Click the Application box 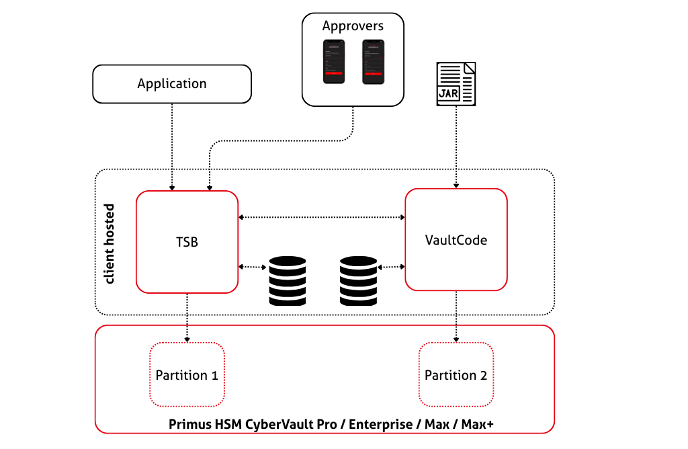pos(171,84)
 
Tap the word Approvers pos(353,26)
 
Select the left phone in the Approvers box pos(334,61)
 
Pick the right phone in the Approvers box pos(373,61)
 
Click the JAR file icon pos(457,83)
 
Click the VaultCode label pos(456,240)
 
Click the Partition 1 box pos(186,374)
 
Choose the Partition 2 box pos(456,374)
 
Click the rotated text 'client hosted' pos(110,243)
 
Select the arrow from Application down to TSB pos(173,145)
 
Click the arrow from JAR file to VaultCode pos(457,145)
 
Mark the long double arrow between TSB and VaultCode pos(322,217)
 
